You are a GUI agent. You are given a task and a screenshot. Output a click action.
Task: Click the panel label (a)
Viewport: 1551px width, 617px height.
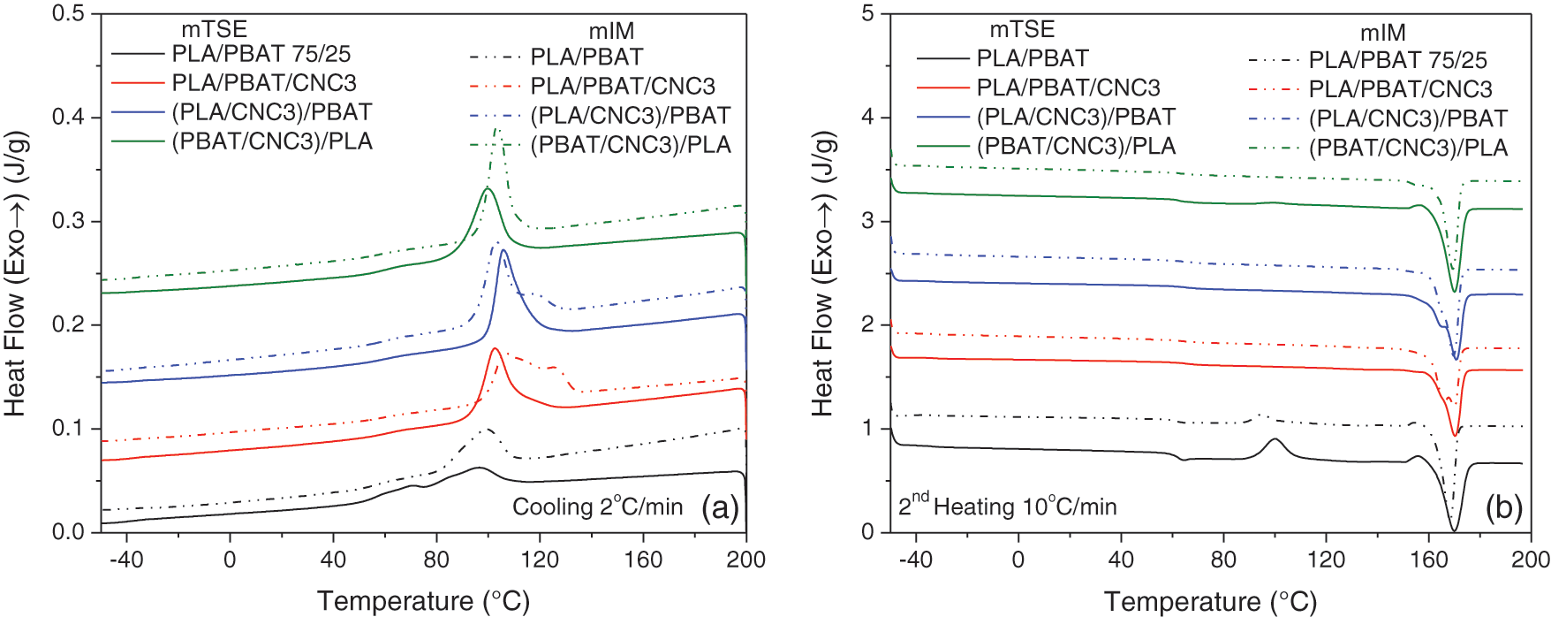pos(720,507)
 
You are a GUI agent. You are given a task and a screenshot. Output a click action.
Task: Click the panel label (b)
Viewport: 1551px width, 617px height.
pos(1503,507)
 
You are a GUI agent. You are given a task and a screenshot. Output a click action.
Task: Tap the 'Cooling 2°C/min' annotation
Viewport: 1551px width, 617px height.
pos(597,507)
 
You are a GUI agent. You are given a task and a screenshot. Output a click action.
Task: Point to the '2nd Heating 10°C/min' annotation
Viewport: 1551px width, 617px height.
pos(1007,506)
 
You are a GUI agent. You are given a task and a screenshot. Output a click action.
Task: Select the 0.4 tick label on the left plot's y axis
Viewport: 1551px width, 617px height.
pos(71,117)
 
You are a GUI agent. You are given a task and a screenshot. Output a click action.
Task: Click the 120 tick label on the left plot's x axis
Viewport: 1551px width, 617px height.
pos(540,560)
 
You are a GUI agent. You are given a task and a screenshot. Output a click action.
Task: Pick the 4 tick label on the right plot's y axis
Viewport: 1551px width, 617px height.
pos(868,117)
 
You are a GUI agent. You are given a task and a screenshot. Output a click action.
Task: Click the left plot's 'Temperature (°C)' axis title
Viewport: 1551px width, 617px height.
pos(423,601)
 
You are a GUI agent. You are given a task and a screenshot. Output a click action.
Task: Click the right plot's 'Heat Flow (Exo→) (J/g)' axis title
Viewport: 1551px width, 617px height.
pos(822,273)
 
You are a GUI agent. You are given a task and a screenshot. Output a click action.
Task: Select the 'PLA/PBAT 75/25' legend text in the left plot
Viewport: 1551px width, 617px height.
pos(261,54)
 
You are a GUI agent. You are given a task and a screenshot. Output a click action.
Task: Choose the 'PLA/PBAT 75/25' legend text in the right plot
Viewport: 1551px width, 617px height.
pos(1397,60)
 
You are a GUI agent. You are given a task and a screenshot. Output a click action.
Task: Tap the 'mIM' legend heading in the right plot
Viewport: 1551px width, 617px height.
pos(1382,33)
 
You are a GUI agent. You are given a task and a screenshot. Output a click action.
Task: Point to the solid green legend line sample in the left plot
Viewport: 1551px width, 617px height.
pos(138,141)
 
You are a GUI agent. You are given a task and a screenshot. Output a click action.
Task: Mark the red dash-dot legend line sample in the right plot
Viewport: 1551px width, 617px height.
pos(1275,89)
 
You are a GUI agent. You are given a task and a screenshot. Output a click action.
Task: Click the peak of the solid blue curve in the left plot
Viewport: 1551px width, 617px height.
pos(503,250)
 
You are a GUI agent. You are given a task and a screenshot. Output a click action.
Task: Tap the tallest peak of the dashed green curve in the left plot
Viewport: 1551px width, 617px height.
pos(497,129)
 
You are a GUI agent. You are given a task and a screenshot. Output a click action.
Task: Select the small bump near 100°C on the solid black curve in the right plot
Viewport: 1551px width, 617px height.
pos(1275,439)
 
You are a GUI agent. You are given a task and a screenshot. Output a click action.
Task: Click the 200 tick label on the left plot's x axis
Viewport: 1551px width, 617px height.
pos(746,560)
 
